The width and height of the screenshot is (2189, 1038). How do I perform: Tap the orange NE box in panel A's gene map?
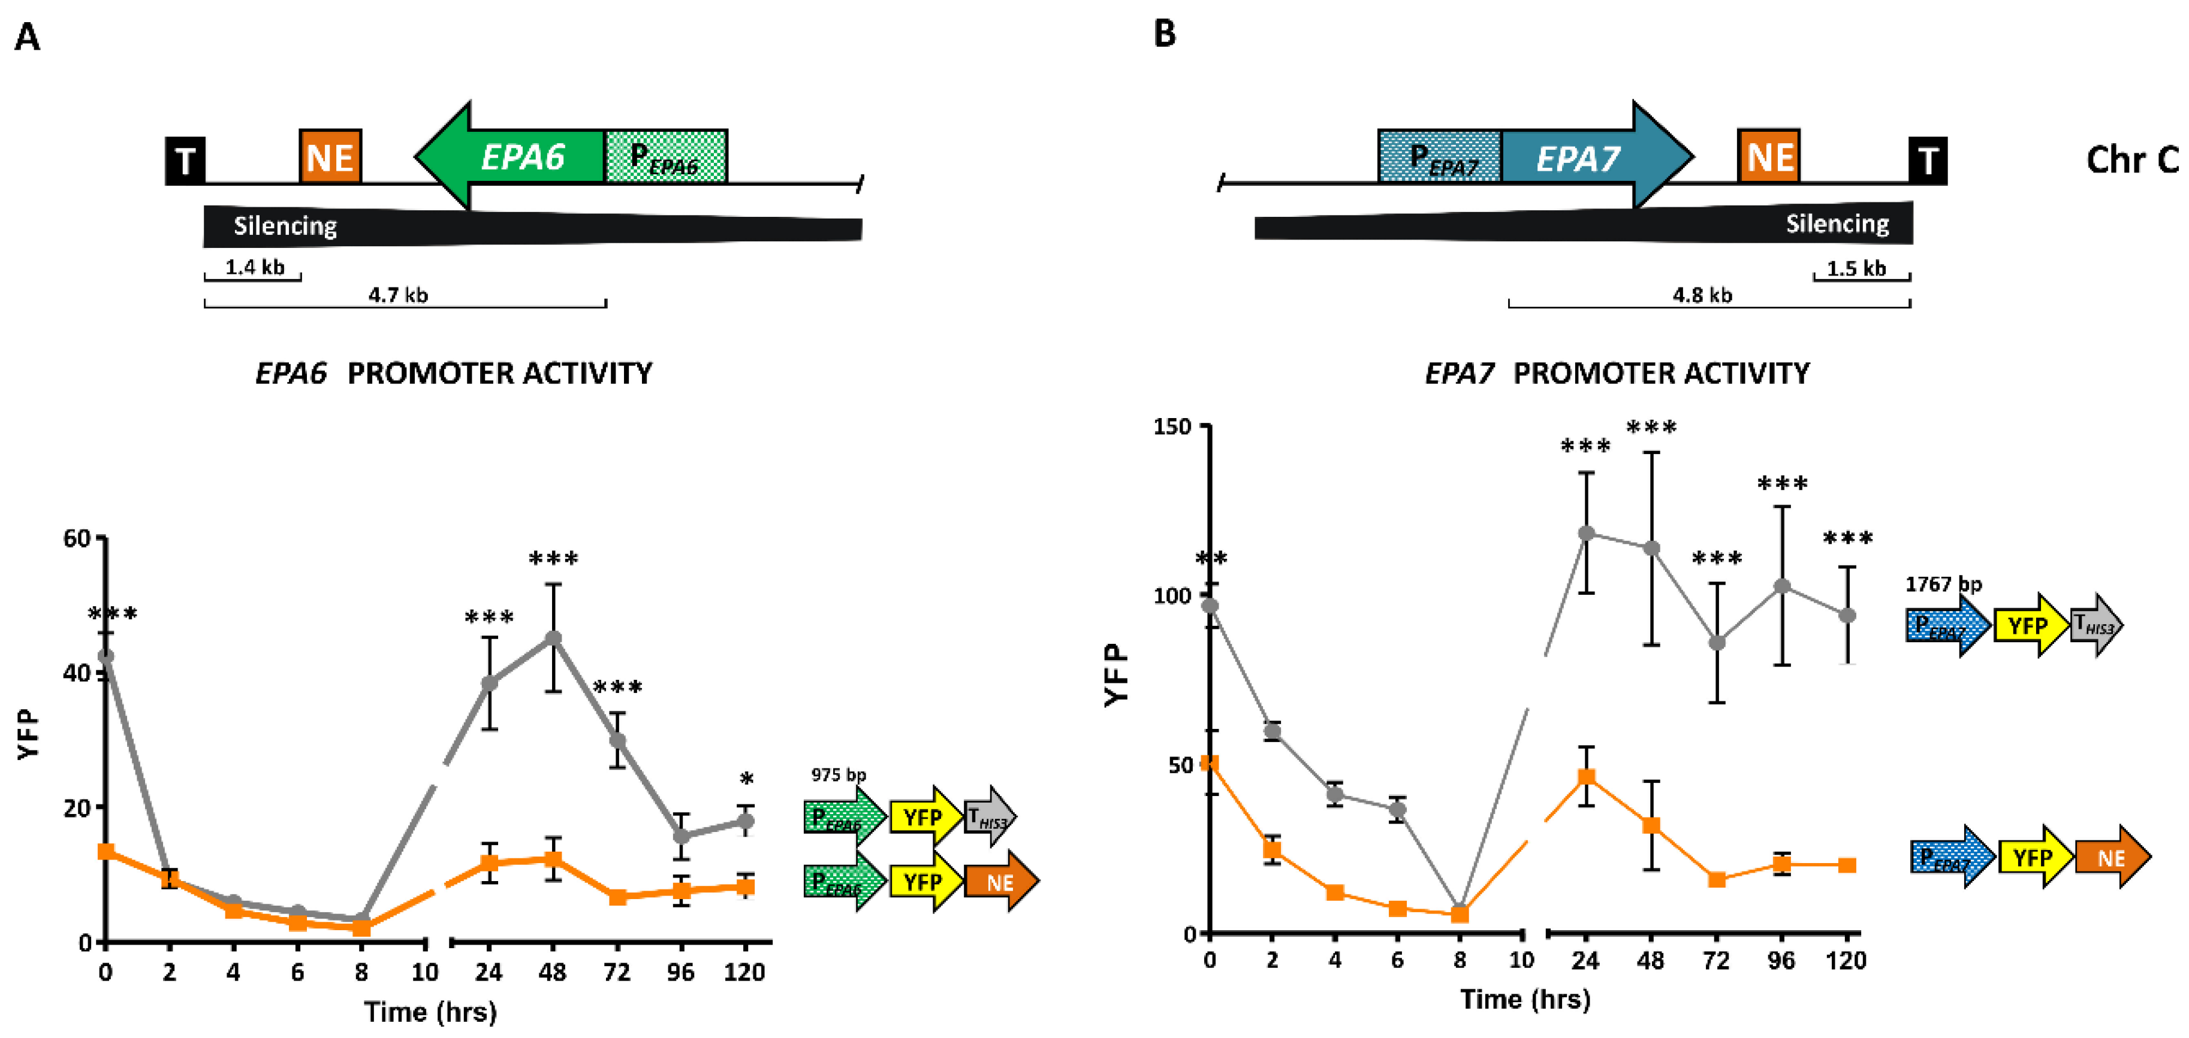point(330,157)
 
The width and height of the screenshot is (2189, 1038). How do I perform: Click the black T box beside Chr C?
point(1927,161)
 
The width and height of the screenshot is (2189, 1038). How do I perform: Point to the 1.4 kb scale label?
point(254,268)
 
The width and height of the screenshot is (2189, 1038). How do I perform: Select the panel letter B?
point(1164,34)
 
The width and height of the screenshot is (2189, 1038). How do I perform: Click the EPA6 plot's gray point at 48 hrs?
point(553,638)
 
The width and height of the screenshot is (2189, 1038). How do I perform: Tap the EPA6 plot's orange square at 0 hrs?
point(106,851)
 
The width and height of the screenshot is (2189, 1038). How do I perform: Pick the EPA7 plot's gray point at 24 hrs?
point(1585,532)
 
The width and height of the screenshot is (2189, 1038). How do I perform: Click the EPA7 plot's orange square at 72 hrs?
point(1717,879)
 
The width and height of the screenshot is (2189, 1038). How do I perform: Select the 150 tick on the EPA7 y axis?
point(1172,426)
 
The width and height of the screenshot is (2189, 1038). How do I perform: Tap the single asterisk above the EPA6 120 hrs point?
point(746,779)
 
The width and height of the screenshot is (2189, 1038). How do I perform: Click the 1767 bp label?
point(1943,585)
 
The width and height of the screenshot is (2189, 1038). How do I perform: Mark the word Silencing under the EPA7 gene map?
point(1837,223)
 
